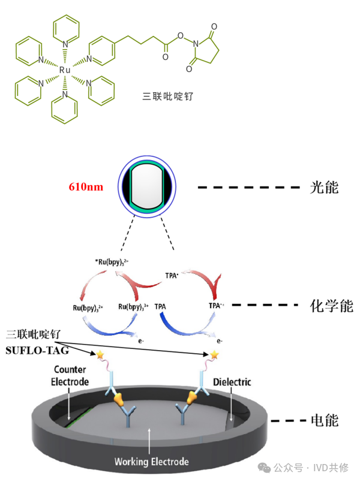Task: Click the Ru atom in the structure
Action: pyautogui.click(x=65, y=70)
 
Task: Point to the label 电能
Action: pyautogui.click(x=324, y=421)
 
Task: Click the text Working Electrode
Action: pyautogui.click(x=152, y=462)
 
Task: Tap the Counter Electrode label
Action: pyautogui.click(x=70, y=376)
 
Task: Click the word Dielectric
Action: pyautogui.click(x=232, y=382)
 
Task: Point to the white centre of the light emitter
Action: pyautogui.click(x=147, y=186)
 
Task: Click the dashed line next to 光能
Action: pyautogui.click(x=248, y=188)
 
